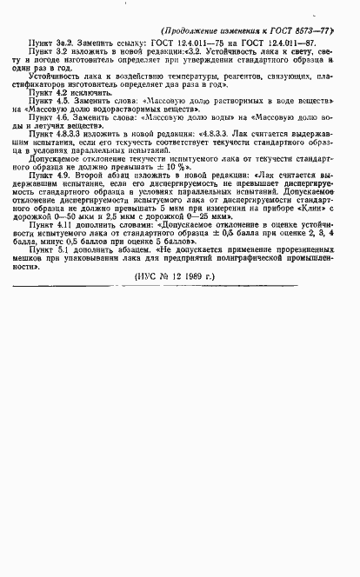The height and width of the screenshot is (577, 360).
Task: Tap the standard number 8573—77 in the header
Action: click(x=326, y=29)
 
